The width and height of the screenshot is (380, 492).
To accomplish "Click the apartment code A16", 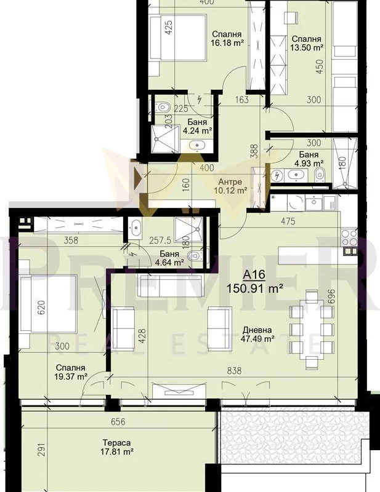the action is (x=254, y=275).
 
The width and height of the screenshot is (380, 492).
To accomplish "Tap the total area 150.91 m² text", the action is (x=255, y=288).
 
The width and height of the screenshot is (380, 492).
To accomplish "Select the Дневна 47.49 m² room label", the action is (x=257, y=334).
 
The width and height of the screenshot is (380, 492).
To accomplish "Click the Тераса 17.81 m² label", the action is (x=116, y=448).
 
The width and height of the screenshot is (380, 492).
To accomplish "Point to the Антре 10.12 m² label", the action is (x=230, y=186).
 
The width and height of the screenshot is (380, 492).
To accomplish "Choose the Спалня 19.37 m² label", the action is (x=71, y=372).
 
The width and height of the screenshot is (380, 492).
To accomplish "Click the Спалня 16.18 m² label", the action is (x=227, y=39).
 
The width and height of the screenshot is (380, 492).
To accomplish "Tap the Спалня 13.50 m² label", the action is (x=307, y=43).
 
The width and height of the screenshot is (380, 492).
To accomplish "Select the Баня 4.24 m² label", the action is (x=197, y=126).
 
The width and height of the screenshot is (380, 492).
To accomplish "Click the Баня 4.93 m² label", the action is (x=309, y=159).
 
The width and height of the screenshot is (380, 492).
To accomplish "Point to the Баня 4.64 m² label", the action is (x=169, y=258).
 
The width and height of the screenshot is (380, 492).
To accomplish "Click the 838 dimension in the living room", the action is (x=234, y=371).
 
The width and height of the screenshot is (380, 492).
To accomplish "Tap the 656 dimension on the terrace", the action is (x=118, y=422).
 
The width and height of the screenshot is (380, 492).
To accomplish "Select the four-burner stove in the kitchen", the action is (x=349, y=238).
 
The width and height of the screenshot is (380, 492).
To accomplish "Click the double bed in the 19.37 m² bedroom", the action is (x=49, y=304).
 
